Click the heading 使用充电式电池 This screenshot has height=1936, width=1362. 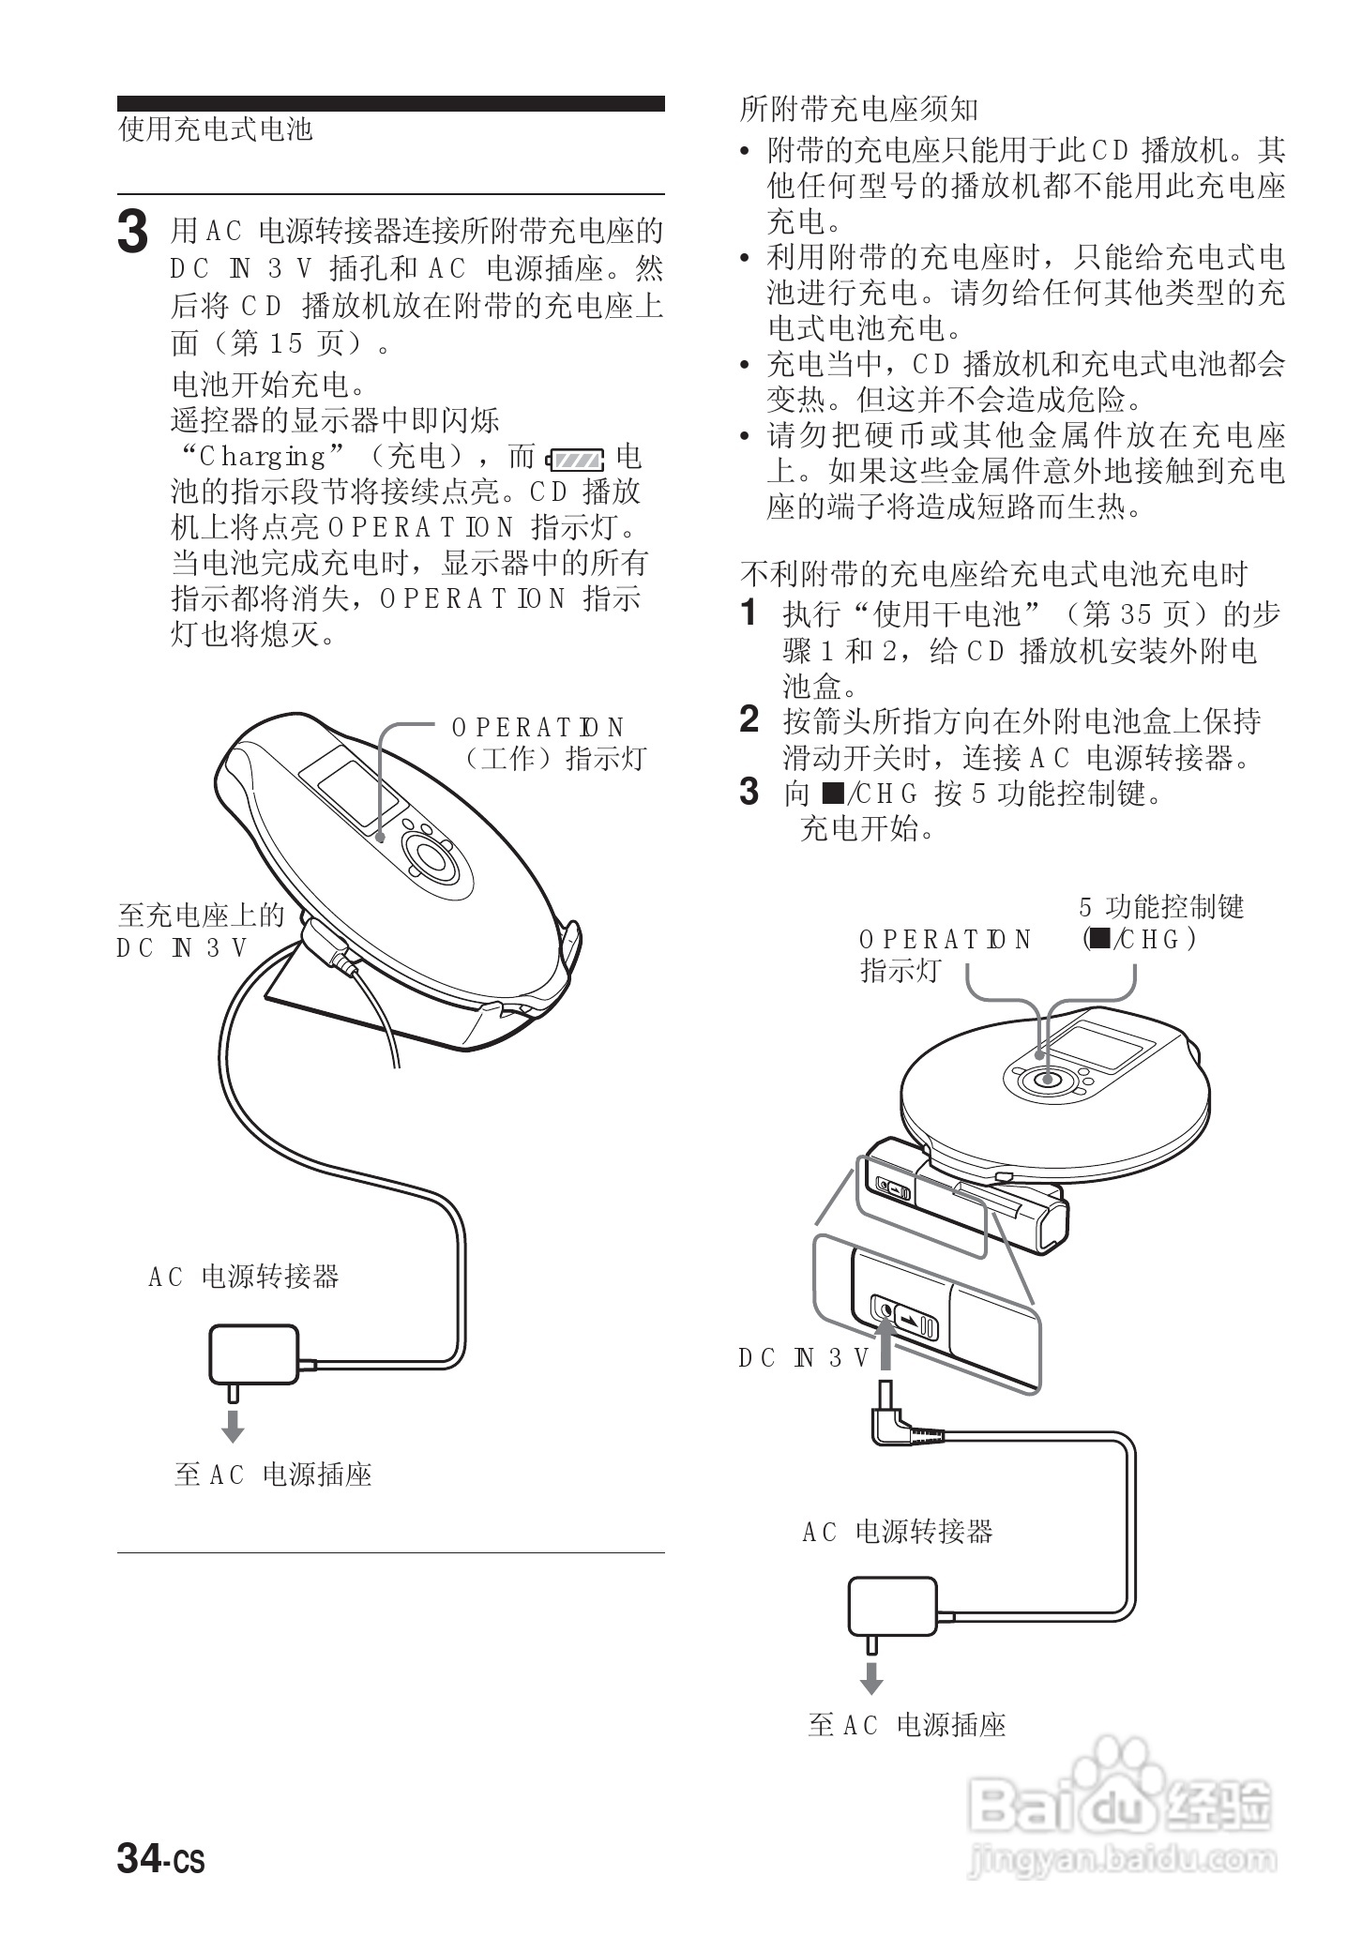pyautogui.click(x=215, y=129)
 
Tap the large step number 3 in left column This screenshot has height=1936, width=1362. pyautogui.click(x=132, y=234)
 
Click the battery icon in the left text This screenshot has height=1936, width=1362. pyautogui.click(x=575, y=460)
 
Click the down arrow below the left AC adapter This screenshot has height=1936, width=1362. pyautogui.click(x=233, y=1426)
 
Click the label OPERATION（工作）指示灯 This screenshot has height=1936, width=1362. pyautogui.click(x=548, y=743)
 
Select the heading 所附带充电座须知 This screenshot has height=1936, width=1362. pyautogui.click(x=858, y=110)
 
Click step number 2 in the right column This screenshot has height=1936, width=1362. pyautogui.click(x=749, y=720)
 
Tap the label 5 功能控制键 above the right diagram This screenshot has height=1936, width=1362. pyautogui.click(x=1160, y=907)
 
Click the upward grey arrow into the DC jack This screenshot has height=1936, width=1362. pyautogui.click(x=884, y=1347)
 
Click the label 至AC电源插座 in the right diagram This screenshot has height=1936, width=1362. pyautogui.click(x=906, y=1725)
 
